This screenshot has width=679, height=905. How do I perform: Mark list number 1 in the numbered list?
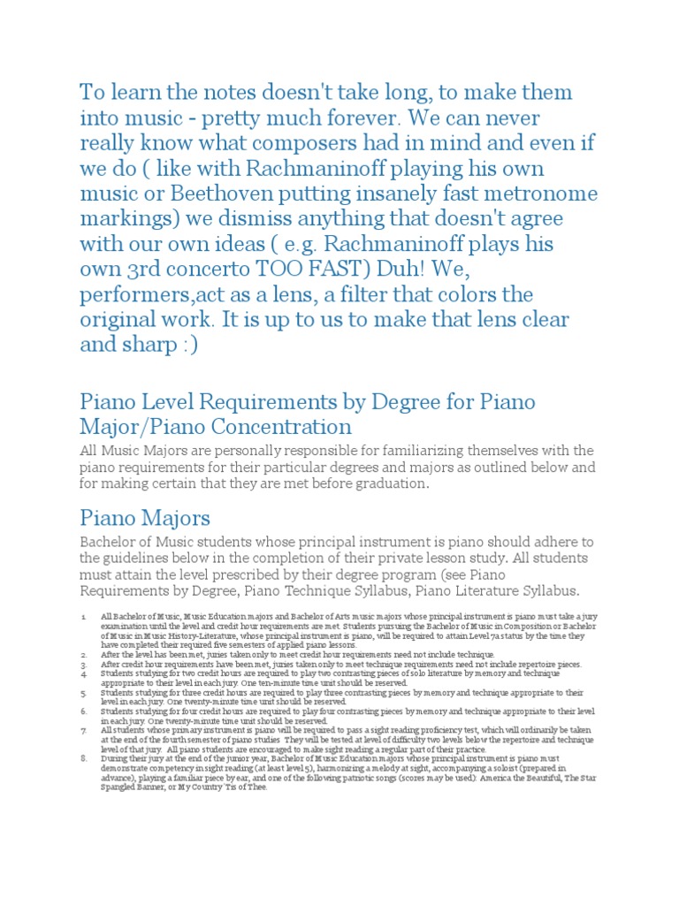[x=82, y=615]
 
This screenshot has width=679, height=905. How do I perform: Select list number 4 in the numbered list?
[x=82, y=673]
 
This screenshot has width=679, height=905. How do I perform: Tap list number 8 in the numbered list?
[x=82, y=758]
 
